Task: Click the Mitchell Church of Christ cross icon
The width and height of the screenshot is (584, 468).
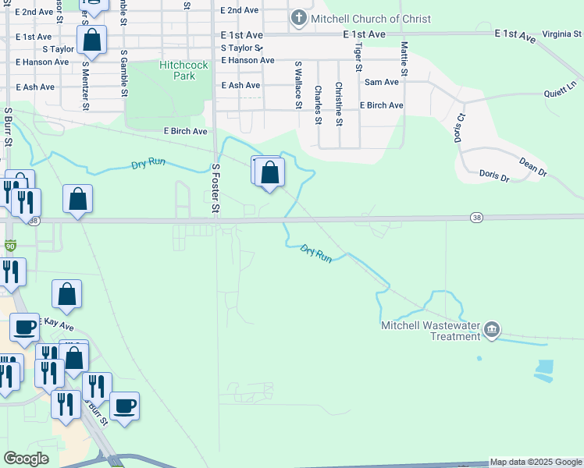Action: coord(297,18)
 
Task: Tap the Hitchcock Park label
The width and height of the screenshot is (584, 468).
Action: coord(184,71)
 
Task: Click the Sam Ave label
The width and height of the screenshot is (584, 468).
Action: coord(382,81)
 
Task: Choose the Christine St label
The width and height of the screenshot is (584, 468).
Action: coord(339,104)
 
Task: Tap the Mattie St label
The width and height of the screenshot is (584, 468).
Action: coord(404,59)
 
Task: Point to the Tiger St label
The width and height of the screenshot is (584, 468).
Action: coord(358,56)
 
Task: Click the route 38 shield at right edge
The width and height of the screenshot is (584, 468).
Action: coord(476,217)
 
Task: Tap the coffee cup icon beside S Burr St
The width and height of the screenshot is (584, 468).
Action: coord(124,406)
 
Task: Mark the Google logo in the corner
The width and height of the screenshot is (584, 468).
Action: coord(26,459)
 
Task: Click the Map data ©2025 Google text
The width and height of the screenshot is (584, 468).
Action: coord(536,463)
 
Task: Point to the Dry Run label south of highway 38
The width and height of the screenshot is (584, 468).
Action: coord(317,253)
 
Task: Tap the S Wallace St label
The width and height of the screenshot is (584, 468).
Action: coord(297,86)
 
